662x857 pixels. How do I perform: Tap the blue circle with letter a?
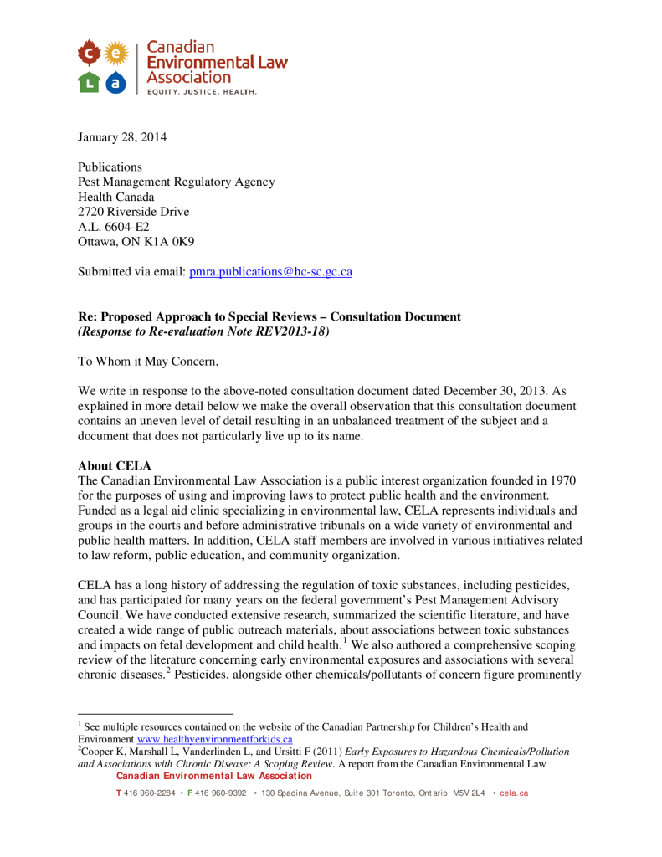tap(116, 82)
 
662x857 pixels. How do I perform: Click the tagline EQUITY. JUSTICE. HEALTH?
tap(202, 91)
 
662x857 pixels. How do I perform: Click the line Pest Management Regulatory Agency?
tap(176, 182)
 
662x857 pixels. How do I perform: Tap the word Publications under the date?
tap(110, 167)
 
